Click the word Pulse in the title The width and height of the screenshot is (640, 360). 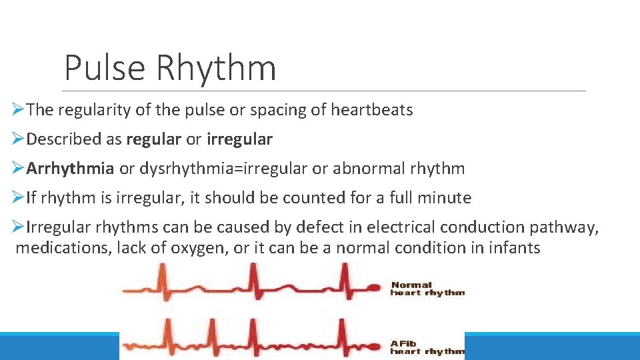pos(105,68)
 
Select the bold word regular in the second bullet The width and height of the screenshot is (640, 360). pos(153,139)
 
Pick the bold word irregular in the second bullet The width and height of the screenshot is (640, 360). pos(239,139)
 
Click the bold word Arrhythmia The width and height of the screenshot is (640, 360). pos(70,169)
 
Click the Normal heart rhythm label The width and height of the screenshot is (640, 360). pos(427,289)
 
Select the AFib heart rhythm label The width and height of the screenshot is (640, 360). pos(427,347)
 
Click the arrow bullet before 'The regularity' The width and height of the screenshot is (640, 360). pos(19,110)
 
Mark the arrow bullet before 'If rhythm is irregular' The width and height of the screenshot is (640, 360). pos(19,198)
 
